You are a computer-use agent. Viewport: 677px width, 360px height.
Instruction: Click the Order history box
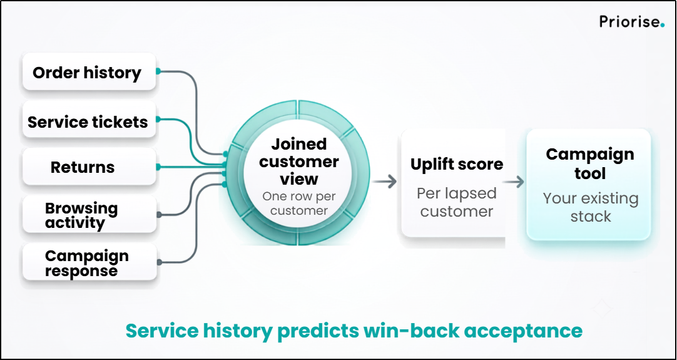point(89,72)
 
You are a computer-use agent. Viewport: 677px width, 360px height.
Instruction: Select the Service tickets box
point(89,120)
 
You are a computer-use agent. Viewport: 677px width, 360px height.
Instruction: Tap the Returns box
point(89,167)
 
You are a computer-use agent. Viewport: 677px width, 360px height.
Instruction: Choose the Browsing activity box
point(89,214)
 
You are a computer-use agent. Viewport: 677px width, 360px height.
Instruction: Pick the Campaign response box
point(89,262)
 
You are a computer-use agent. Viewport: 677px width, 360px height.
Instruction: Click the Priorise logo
point(632,22)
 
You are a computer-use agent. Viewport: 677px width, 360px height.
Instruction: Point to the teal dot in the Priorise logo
point(663,26)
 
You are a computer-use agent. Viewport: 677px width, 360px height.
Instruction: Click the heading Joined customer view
point(299,162)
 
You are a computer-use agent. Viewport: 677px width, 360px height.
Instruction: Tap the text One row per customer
point(299,203)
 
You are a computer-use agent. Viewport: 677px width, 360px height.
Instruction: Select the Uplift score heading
point(457,164)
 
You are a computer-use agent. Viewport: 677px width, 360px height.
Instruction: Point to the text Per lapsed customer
point(457,202)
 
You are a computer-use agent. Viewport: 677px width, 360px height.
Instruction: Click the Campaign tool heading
point(590,164)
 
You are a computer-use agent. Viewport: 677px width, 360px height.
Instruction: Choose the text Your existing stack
point(591,207)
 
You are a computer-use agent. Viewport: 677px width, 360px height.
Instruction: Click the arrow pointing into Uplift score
point(385,182)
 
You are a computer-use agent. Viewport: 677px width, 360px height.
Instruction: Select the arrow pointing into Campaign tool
point(513,182)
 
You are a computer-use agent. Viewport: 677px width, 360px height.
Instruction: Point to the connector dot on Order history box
point(158,71)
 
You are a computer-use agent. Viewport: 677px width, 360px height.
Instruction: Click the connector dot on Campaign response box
point(160,262)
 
